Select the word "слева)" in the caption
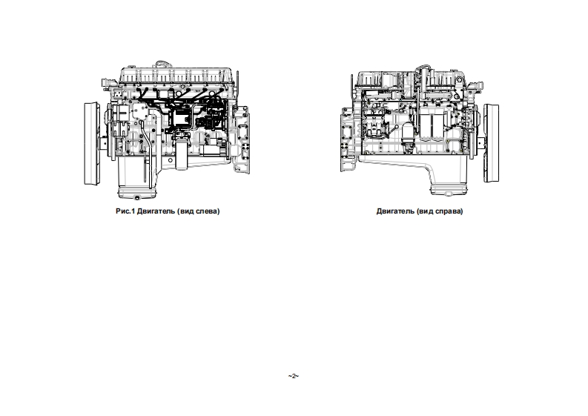coord(207,211)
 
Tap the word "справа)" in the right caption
coord(446,211)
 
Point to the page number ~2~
coord(293,377)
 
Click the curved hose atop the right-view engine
coord(421,74)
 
